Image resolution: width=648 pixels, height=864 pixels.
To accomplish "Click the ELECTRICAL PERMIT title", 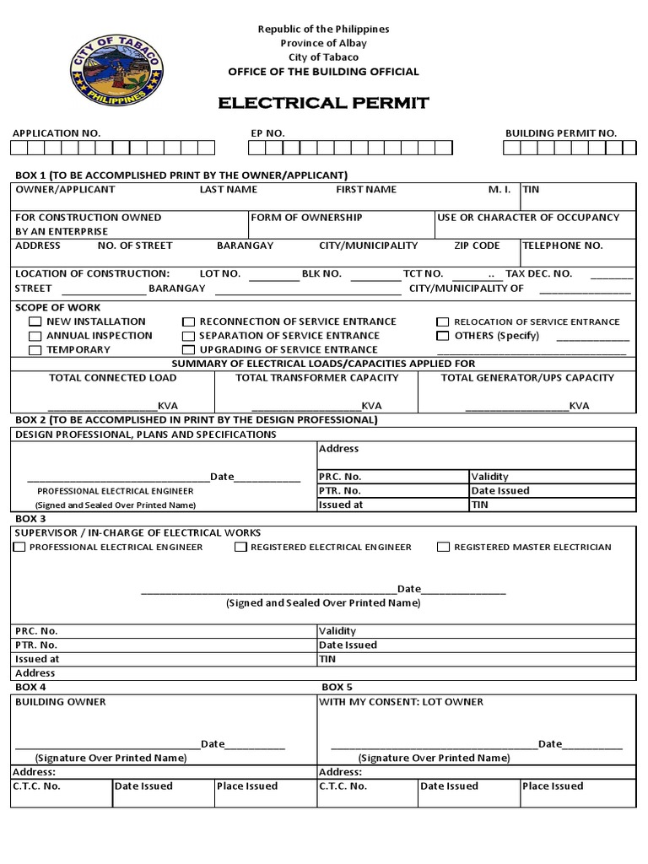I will coord(324,104).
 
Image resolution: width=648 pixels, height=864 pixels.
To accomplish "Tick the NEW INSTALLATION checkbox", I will coord(35,322).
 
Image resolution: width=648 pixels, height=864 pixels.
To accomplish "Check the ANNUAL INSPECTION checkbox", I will coord(35,336).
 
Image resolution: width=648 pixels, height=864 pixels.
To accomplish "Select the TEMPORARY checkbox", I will coord(35,350).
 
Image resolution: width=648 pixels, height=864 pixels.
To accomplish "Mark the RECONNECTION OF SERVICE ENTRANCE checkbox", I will coord(189,322).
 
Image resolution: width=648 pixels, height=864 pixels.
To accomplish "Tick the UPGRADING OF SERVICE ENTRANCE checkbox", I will coord(189,350).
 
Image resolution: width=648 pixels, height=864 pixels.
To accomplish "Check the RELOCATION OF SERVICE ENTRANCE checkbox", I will coord(443,322).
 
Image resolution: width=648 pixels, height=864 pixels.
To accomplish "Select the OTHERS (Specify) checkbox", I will coord(443,336).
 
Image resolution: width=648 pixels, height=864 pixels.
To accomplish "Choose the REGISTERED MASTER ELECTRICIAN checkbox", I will coord(443,548).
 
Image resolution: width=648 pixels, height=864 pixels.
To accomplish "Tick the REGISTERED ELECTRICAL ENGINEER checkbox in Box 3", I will coord(240,548).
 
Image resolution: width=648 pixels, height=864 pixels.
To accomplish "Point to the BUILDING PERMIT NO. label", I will coord(560,133).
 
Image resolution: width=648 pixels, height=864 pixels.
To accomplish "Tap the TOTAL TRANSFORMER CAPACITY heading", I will coord(317,378).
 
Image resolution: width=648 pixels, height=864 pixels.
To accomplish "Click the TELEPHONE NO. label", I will coord(563,246).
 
